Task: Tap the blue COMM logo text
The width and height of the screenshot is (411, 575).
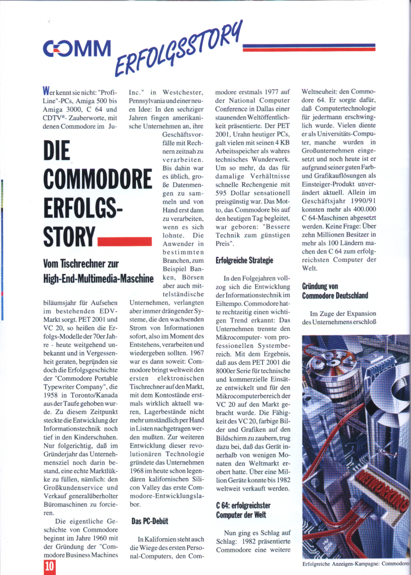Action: [x=78, y=49]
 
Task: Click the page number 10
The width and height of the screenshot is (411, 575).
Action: [x=49, y=566]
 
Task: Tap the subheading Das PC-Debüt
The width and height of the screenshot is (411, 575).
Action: [x=150, y=521]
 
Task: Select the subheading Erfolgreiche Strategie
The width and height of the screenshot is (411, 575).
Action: [x=244, y=260]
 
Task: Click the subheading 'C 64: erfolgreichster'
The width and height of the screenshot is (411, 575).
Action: [x=243, y=505]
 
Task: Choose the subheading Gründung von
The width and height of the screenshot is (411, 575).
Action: [x=320, y=286]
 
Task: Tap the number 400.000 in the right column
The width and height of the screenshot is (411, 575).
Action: [x=362, y=210]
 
